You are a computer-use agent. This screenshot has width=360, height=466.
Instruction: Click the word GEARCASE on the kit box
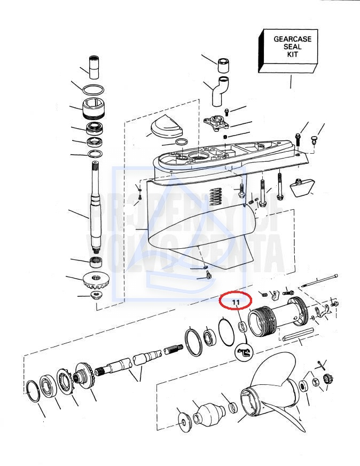pyautogui.click(x=292, y=39)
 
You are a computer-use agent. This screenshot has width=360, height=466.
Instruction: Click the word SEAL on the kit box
pyautogui.click(x=292, y=46)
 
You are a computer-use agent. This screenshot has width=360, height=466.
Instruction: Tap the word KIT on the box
pyautogui.click(x=292, y=54)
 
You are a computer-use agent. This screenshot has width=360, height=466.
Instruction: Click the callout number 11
pyautogui.click(x=236, y=302)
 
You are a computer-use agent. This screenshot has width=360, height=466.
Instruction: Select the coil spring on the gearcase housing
pyautogui.click(x=216, y=197)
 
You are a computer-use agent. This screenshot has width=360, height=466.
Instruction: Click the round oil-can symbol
pyautogui.click(x=244, y=353)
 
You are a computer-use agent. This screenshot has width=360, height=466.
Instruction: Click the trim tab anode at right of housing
pyautogui.click(x=301, y=188)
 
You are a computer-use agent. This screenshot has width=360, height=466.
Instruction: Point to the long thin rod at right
pyautogui.click(x=319, y=280)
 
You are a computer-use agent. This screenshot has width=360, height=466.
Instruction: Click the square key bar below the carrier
pyautogui.click(x=298, y=335)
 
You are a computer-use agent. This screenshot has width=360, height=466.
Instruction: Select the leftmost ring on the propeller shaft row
pyautogui.click(x=32, y=391)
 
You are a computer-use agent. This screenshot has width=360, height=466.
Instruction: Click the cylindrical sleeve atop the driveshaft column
pyautogui.click(x=94, y=67)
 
